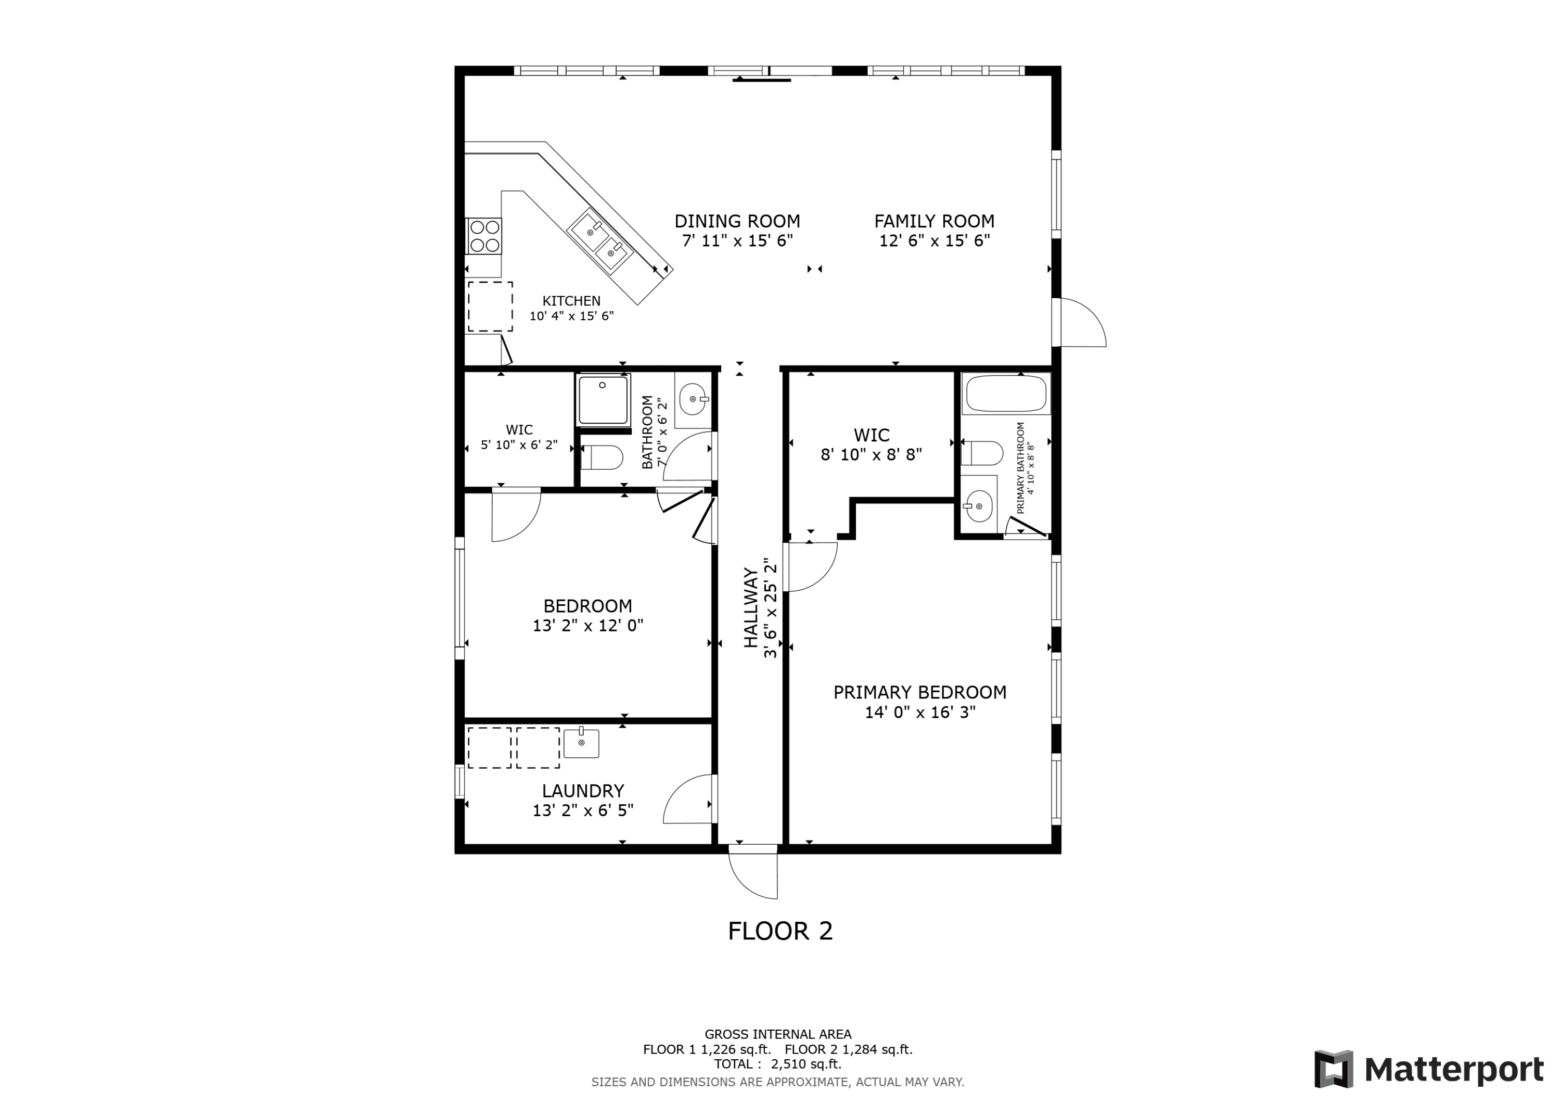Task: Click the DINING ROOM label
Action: [x=737, y=221]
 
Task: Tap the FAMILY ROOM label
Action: [x=934, y=221]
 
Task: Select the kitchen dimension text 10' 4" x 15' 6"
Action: [x=572, y=315]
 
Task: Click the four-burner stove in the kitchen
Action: [x=483, y=235]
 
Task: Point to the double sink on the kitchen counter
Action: [x=600, y=243]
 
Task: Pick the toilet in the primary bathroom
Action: [x=982, y=453]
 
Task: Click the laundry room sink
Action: [x=581, y=743]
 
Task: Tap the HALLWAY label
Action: [x=751, y=608]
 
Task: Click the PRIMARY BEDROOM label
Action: [x=920, y=692]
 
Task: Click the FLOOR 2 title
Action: [x=780, y=931]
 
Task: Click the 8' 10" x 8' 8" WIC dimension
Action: [x=872, y=454]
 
